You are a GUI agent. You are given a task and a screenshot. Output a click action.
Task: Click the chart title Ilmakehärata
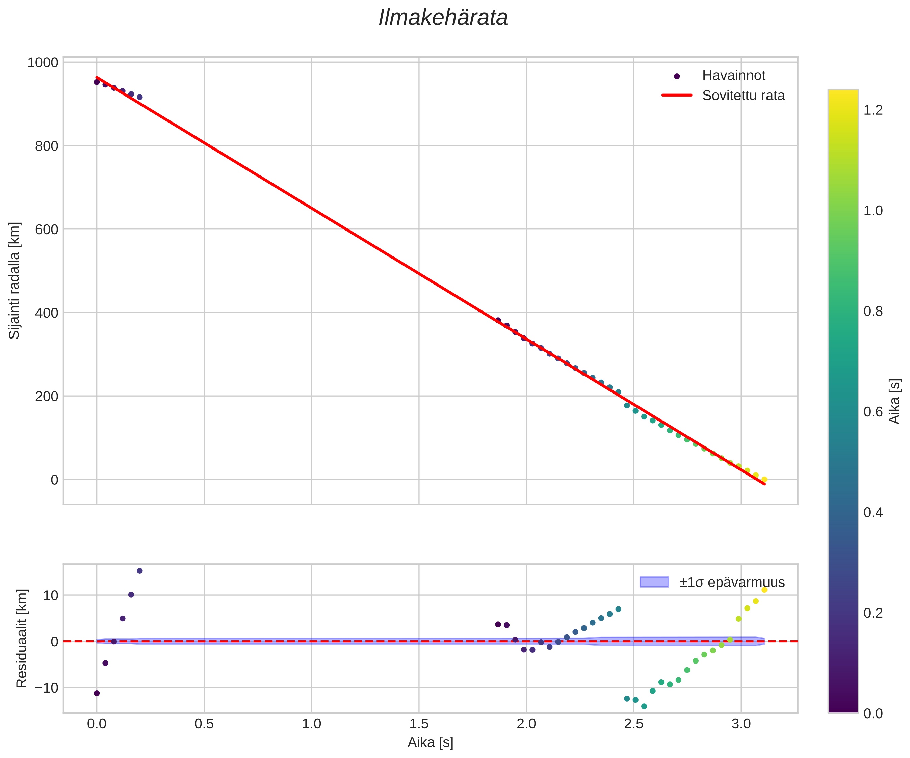pos(443,18)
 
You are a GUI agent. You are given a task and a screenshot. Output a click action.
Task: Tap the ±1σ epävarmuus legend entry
pos(731,582)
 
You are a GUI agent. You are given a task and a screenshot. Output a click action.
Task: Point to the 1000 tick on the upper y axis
pos(43,62)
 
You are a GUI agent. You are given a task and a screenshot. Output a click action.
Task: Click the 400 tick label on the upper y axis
pos(46,313)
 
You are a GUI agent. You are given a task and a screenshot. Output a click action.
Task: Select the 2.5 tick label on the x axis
pos(633,724)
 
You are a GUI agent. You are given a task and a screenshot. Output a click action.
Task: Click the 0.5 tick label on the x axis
pos(204,724)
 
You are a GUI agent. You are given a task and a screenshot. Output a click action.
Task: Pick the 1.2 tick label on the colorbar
pos(873,110)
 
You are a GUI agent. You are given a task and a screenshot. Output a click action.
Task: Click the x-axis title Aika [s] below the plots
pos(430,742)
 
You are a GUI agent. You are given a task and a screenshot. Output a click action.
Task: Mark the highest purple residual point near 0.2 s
pos(139,571)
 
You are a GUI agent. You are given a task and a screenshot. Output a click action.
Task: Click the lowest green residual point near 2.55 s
pos(644,706)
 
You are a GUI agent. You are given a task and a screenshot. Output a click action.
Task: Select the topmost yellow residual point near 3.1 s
pos(764,590)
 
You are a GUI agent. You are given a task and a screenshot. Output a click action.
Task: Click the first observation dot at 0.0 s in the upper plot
pos(97,82)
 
